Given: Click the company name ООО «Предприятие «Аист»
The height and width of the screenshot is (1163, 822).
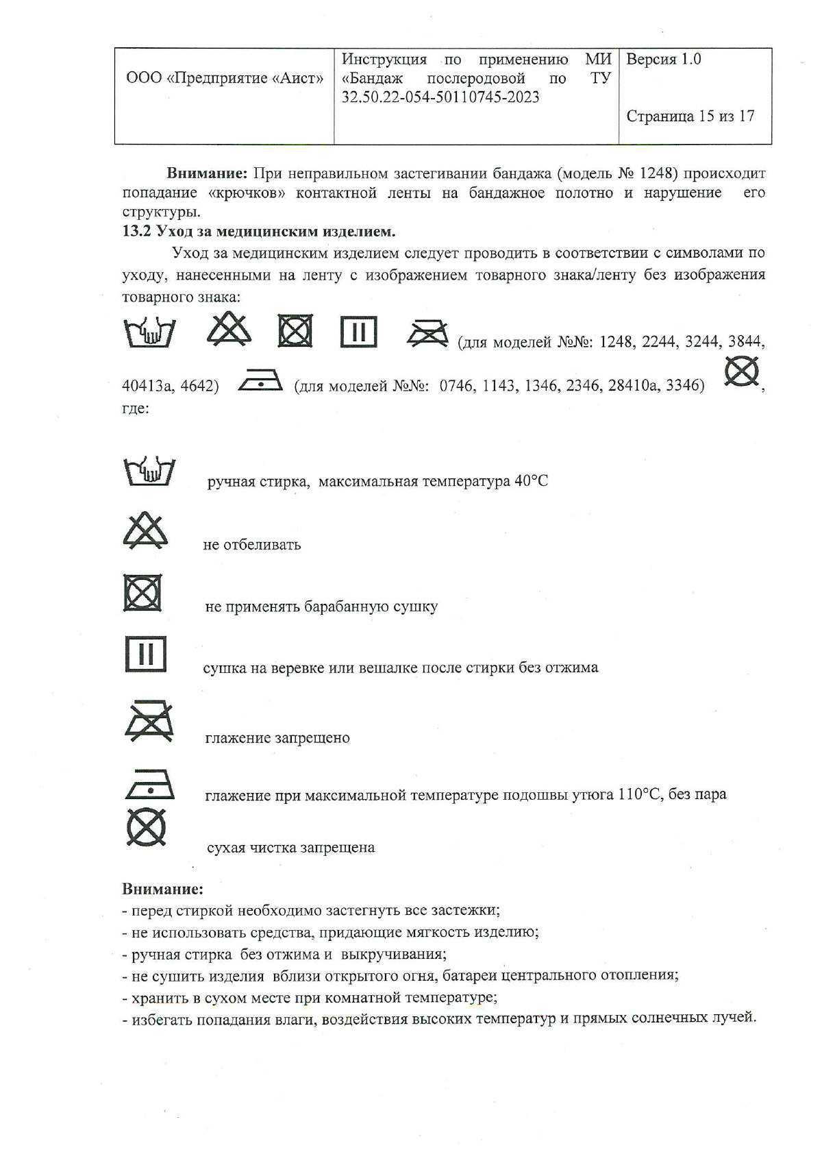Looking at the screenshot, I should [225, 78].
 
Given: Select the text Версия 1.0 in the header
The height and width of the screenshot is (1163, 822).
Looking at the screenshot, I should [663, 60].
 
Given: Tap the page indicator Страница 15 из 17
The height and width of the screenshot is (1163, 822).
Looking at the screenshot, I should [690, 117].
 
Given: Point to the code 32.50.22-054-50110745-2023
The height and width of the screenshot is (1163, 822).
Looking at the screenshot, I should [440, 97].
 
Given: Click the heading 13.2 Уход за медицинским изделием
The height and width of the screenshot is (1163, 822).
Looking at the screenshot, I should [259, 231].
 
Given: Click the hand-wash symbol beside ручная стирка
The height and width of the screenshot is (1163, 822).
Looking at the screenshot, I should [149, 472].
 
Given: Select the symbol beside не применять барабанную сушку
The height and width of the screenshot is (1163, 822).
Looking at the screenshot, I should [142, 593].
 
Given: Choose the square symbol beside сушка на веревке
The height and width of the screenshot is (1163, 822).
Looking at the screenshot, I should [145, 654].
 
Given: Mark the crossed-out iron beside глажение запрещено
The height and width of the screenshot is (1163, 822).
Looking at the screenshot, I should [149, 722].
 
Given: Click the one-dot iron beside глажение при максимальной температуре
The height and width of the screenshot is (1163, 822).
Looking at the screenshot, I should [149, 785].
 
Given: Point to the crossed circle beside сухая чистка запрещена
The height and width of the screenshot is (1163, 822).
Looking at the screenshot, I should [147, 827].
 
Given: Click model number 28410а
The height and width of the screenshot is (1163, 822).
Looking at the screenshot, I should [631, 386].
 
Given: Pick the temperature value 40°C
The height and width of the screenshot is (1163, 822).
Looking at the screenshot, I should [531, 481].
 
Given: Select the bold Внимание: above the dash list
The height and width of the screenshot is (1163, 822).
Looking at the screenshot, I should [163, 889].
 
